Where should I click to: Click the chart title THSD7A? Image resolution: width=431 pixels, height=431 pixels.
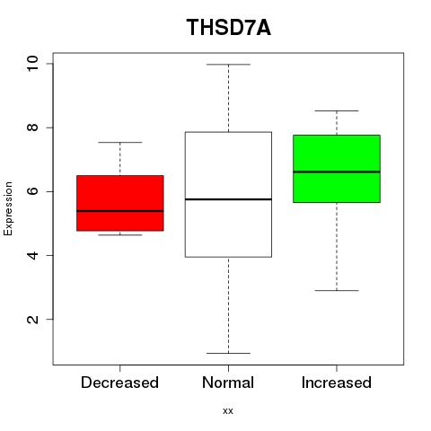(x=229, y=28)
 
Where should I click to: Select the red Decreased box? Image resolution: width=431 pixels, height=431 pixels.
(x=120, y=203)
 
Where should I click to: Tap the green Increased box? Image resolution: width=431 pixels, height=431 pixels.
(x=337, y=169)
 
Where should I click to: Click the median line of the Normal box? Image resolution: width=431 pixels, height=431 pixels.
(x=228, y=199)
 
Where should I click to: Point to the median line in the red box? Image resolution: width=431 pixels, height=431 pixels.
(x=120, y=211)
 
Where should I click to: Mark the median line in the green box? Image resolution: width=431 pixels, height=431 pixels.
(x=337, y=172)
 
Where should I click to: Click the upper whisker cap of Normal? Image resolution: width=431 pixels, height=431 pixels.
(x=228, y=65)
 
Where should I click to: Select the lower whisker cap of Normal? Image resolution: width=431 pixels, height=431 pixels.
(x=228, y=353)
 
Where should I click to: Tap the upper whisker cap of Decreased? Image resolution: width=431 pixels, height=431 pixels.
(x=120, y=142)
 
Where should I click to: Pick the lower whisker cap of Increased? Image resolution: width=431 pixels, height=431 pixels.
(x=337, y=290)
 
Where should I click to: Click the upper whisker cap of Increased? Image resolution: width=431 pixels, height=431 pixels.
(x=337, y=110)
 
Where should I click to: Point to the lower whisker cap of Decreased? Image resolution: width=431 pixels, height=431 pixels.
(x=120, y=234)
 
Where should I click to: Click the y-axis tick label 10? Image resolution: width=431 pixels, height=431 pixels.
(x=32, y=64)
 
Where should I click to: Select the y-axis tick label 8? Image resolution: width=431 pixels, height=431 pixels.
(x=32, y=128)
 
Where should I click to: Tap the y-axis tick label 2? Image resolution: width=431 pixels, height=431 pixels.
(x=32, y=319)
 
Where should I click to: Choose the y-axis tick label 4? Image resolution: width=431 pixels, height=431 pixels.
(x=32, y=255)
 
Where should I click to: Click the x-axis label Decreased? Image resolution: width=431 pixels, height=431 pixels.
(x=119, y=383)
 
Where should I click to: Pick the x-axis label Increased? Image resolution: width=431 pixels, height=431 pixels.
(x=337, y=383)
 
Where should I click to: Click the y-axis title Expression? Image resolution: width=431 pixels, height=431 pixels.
(x=8, y=208)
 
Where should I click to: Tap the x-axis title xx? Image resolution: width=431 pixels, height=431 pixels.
(x=228, y=411)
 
